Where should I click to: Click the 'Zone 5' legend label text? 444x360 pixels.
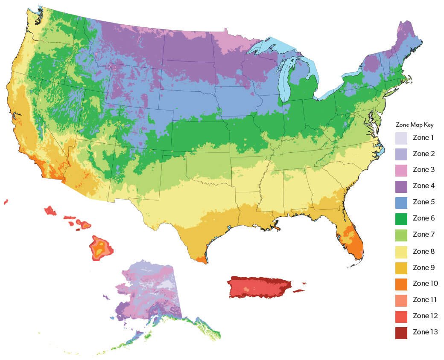pos(423,202)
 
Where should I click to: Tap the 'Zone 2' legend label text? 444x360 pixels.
pos(423,154)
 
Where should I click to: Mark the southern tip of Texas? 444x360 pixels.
pos(203,261)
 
